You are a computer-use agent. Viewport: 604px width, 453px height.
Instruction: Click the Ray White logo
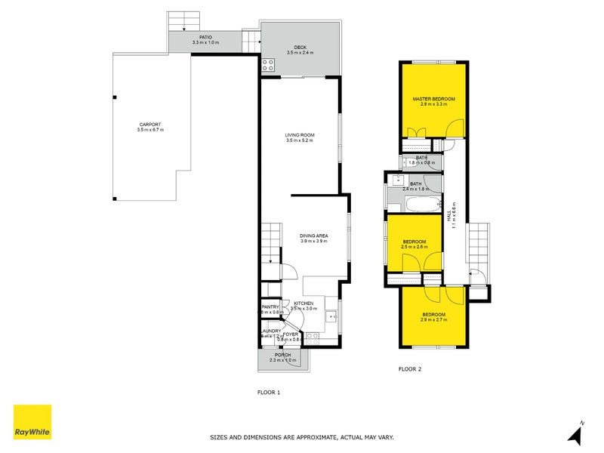[32, 422]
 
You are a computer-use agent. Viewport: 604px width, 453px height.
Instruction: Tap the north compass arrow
[576, 433]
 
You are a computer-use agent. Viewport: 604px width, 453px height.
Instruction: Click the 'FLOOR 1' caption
[269, 392]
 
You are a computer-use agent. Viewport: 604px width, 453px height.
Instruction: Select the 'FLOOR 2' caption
[409, 369]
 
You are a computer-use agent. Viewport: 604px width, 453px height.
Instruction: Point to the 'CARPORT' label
[150, 125]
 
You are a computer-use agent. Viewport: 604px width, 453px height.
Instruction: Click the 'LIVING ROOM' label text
[300, 135]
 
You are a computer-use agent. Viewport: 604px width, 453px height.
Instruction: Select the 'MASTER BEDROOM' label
[433, 99]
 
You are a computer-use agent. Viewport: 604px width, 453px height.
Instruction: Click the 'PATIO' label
[205, 36]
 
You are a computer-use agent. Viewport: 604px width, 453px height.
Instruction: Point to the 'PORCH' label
[282, 355]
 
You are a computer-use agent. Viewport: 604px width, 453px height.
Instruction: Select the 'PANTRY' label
[270, 307]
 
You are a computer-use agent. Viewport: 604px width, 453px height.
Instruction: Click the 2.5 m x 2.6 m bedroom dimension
[414, 247]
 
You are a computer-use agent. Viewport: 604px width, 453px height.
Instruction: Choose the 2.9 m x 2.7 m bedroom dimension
[433, 320]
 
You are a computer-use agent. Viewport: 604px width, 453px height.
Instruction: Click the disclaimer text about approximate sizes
[301, 436]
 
